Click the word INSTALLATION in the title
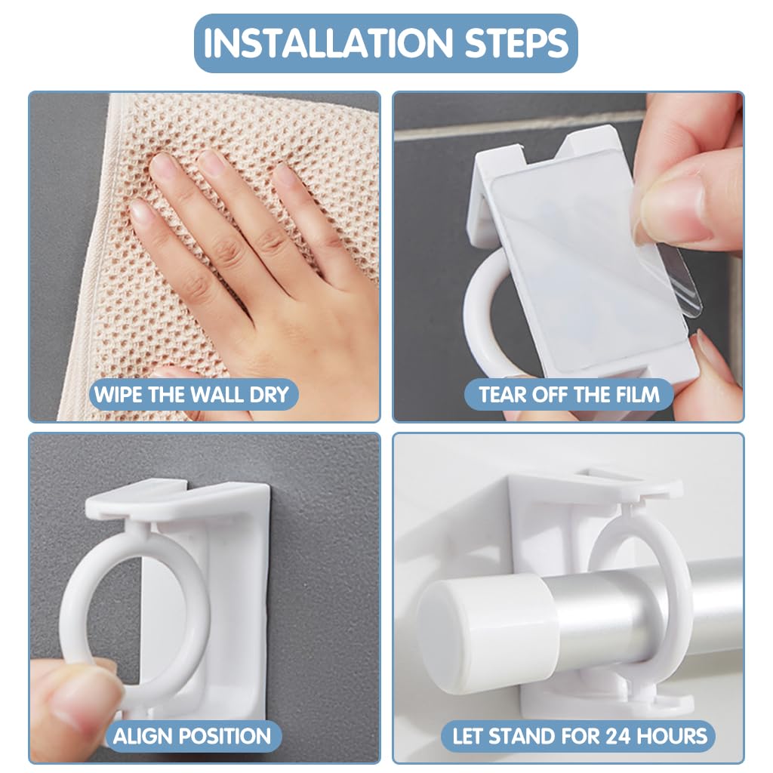click(x=328, y=43)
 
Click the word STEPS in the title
click(x=516, y=43)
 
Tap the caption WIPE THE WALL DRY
click(x=191, y=394)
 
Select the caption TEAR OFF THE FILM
click(x=569, y=394)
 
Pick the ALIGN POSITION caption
click(x=192, y=736)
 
